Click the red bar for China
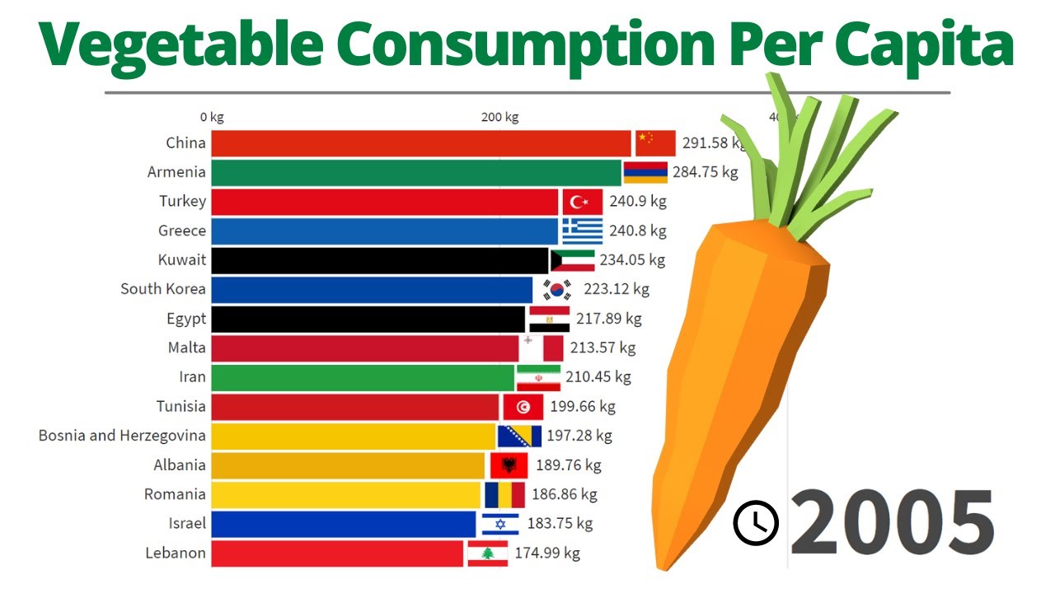[420, 143]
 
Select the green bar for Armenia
[416, 173]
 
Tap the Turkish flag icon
[583, 202]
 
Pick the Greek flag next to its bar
[583, 231]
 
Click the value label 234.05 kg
[632, 260]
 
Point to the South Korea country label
[163, 289]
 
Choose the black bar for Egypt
[368, 319]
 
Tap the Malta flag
[542, 348]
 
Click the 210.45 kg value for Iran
[598, 377]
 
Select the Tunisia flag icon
[523, 407]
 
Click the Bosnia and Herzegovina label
[122, 436]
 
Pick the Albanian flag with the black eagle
[509, 465]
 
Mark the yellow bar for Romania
[346, 494]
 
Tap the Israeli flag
[499, 524]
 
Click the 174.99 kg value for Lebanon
[547, 553]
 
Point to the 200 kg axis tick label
[499, 117]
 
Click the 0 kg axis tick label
[212, 117]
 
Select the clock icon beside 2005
[756, 523]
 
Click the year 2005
[892, 522]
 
